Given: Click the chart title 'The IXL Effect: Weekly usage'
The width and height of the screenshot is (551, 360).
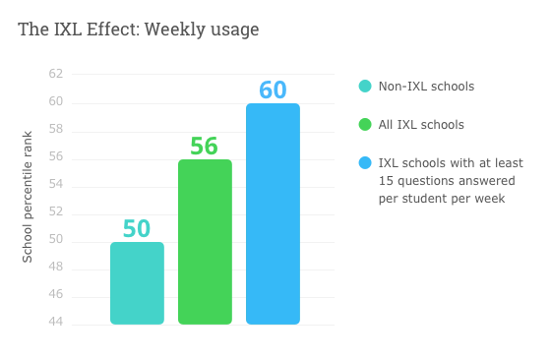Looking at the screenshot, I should coord(139,30).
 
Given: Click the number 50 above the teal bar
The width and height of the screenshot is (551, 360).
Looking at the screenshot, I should coord(137,228).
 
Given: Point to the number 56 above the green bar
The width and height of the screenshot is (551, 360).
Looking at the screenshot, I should coord(205,146).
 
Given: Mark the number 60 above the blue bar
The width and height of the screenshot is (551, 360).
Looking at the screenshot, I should coord(273,90).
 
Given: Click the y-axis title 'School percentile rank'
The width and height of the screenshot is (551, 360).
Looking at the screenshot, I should coord(28,197).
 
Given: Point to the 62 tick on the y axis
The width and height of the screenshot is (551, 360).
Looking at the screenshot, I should coord(55,75).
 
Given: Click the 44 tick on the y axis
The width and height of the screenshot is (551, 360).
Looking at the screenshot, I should coord(55,323).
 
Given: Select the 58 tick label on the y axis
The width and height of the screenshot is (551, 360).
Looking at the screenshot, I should coord(55,130).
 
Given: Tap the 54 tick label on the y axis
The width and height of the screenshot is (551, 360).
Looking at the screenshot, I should coord(55,185).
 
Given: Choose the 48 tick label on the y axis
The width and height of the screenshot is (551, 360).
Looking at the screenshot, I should coord(55,268).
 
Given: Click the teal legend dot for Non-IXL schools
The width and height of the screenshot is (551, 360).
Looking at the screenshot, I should coord(365,87).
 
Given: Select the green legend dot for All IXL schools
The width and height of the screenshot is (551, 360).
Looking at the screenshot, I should coord(365,125).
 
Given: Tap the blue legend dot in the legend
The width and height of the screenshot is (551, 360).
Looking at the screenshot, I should coord(365,163).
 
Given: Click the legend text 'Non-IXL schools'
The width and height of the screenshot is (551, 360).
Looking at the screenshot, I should coord(426,87).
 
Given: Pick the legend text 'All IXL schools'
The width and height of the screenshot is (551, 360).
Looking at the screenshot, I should coord(421,125).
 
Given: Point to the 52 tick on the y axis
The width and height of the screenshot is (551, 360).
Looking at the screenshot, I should coord(55,212).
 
